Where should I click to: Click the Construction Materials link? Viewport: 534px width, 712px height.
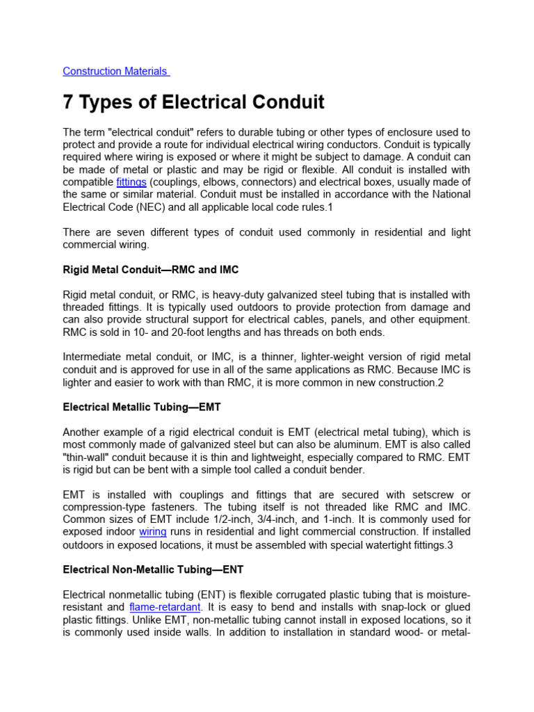(115, 71)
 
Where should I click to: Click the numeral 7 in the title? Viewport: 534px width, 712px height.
(69, 102)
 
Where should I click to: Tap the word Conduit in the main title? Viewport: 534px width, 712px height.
(287, 102)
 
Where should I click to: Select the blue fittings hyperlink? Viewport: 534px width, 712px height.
(131, 182)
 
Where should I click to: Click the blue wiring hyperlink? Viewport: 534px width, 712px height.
(153, 532)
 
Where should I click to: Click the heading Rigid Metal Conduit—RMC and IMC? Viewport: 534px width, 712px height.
(151, 269)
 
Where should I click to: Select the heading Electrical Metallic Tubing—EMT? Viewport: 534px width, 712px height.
(142, 407)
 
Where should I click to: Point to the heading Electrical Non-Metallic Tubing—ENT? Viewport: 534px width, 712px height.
(153, 569)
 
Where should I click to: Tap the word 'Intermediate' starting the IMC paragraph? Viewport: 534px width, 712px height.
(94, 357)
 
